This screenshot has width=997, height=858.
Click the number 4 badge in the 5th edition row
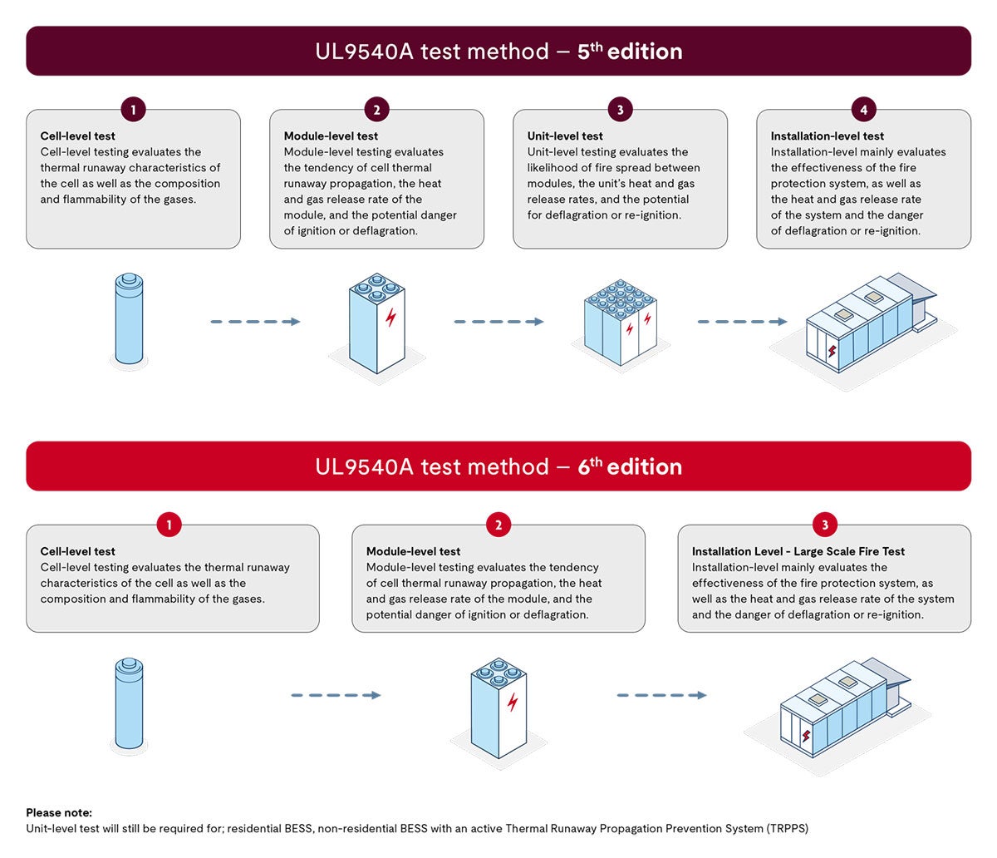(x=863, y=110)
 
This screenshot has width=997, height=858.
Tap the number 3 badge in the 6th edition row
(x=824, y=525)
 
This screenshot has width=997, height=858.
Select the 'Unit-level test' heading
(x=565, y=136)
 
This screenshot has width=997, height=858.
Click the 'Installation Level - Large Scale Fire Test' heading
(x=798, y=551)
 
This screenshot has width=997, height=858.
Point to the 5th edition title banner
(x=498, y=51)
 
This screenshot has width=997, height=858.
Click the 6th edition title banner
(x=498, y=466)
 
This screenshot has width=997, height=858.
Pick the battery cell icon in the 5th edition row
(x=129, y=319)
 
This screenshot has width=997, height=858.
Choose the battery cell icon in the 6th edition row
(x=129, y=703)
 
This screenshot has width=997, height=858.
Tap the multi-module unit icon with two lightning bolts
(x=619, y=323)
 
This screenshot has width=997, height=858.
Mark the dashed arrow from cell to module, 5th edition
(x=255, y=322)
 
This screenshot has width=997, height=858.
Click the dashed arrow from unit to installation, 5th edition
(x=742, y=322)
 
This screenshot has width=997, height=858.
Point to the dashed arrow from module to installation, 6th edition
(x=661, y=695)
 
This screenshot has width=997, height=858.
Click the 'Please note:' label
(x=59, y=812)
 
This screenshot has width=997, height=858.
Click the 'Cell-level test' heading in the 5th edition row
(x=78, y=136)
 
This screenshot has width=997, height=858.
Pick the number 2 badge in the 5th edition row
(x=376, y=110)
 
